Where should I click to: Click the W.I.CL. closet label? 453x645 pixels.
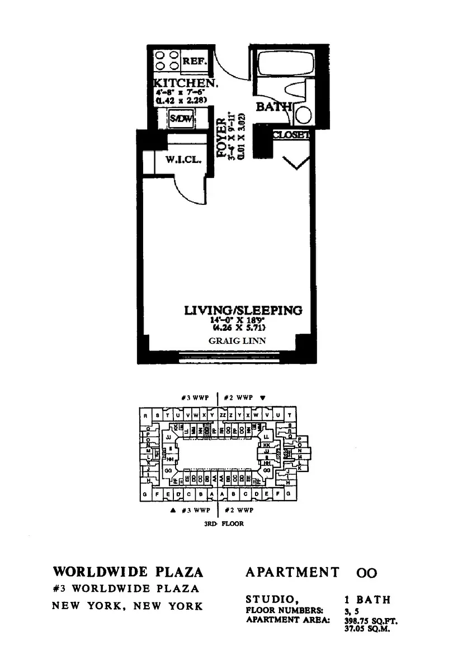(179, 160)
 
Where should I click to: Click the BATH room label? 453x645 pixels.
(273, 106)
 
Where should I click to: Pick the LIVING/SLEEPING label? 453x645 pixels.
(243, 310)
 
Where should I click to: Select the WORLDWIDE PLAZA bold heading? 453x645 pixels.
(128, 572)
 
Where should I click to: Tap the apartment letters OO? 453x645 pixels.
(366, 573)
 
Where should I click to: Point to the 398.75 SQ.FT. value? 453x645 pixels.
(366, 620)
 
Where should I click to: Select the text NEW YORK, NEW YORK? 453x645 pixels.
(127, 606)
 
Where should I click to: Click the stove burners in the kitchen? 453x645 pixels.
(166, 60)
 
